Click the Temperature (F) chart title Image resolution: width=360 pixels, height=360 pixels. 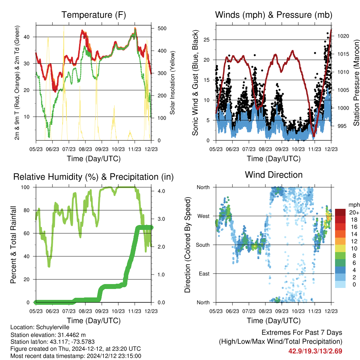tap(94, 15)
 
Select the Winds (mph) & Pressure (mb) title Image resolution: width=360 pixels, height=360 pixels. tap(274, 15)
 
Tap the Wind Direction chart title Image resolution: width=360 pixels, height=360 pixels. tap(274, 175)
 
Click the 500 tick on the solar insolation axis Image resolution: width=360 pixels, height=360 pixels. tap(162, 28)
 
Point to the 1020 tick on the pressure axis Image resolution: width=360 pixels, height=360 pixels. tap(343, 36)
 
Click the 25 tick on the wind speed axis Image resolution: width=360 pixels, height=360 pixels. tap(207, 40)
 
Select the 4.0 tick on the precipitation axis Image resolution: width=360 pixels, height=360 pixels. tap(161, 191)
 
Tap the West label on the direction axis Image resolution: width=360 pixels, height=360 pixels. tap(204, 216)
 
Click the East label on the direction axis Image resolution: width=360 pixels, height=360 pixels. tap(204, 274)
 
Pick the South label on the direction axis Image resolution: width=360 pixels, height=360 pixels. tap(203, 245)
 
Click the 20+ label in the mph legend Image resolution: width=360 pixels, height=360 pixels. tap(354, 213)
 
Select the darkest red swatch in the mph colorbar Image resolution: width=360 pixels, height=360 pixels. tap(340, 212)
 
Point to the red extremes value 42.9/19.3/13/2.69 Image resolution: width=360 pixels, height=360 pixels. tap(315, 351)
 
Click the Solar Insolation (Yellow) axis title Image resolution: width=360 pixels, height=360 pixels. tap(172, 83)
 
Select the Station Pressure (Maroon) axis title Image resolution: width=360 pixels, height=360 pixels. tap(356, 83)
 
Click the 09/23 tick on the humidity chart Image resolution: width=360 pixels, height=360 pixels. tap(102, 311)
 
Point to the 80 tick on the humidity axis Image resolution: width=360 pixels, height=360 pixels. tap(27, 210)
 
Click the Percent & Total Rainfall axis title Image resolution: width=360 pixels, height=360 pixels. tap(13, 245)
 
